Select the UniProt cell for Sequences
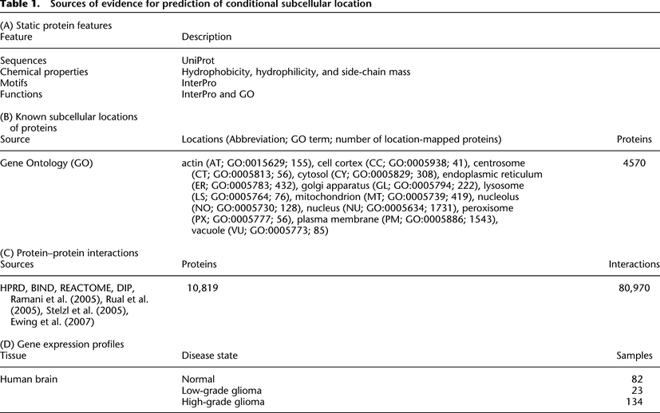(200, 61)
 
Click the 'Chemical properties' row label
(44, 72)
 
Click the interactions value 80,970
(635, 287)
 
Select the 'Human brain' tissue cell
(32, 379)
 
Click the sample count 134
(642, 402)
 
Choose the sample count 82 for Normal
(646, 379)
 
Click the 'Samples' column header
(635, 356)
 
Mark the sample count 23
(646, 391)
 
